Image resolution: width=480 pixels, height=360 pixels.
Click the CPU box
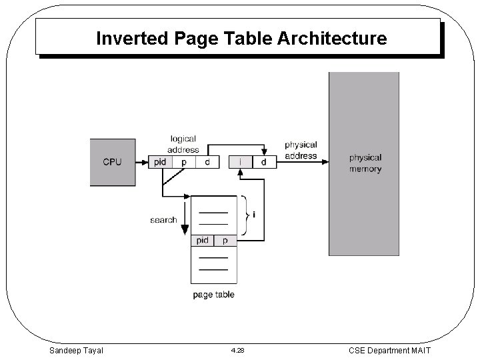pos(113,162)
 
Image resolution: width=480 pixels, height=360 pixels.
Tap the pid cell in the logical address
pos(160,162)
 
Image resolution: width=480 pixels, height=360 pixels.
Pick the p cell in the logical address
pos(184,162)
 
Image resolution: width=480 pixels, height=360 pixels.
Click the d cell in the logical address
pos(207,162)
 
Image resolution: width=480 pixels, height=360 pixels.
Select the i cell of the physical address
pos(241,162)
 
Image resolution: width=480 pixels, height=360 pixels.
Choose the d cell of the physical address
pos(264,162)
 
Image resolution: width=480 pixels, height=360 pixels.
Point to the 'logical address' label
pos(183,145)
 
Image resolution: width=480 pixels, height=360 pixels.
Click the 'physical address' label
pos(301,150)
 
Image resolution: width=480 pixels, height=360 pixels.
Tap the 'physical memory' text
pos(365,163)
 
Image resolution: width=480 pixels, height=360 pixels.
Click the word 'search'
pos(163,219)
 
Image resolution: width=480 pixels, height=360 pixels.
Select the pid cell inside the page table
pos(203,241)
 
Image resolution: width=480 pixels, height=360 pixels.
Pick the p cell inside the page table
pos(225,241)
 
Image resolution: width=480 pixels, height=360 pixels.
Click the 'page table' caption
pos(213,294)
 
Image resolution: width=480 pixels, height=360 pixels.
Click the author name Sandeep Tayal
pos(76,350)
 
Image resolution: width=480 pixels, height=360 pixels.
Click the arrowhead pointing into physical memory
pos(325,162)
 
